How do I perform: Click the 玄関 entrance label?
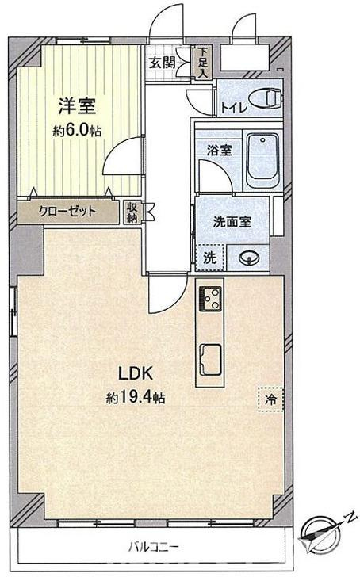coord(162,63)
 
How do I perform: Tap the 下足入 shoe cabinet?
coord(202,62)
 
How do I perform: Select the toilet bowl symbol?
coord(265,98)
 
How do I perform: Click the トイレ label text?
coord(233,108)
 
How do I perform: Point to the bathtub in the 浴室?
coord(262,161)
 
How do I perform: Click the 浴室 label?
coord(219,150)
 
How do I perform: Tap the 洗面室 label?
coord(232,222)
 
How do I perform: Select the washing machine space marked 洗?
coord(209,258)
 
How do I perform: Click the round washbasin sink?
coord(249,258)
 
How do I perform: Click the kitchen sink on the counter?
coord(210,360)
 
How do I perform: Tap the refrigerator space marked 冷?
coord(271,399)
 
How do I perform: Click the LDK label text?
coord(135,373)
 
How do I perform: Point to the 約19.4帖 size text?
coord(136,397)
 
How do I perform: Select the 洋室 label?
coord(77,106)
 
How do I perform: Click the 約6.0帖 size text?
coord(77,131)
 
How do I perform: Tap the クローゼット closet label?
coord(67,211)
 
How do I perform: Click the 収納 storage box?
coord(132,212)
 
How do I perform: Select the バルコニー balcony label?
coord(154,547)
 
